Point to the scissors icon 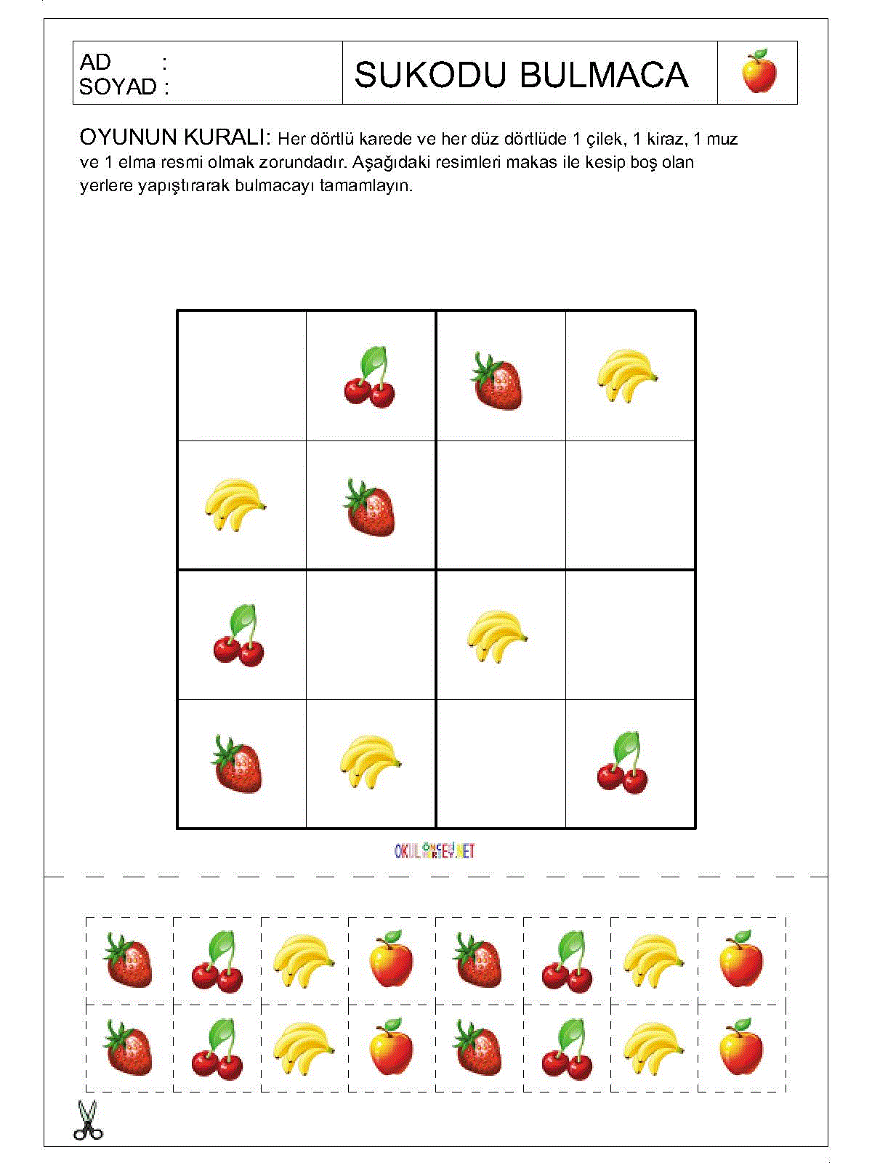87,1121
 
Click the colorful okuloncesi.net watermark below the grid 435,850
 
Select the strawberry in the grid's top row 498,381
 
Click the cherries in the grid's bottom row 623,765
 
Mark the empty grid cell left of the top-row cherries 242,376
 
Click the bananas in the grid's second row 234,504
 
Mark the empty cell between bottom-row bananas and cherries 501,764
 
